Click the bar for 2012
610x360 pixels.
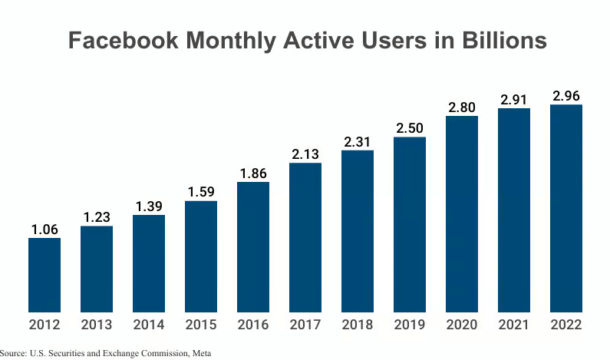pyautogui.click(x=45, y=275)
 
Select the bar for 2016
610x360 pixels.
pyautogui.click(x=253, y=246)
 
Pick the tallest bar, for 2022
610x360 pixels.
pyautogui.click(x=566, y=208)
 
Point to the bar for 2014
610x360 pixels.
pyautogui.click(x=149, y=263)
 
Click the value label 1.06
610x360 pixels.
pyautogui.click(x=45, y=229)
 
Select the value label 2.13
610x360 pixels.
pyautogui.click(x=305, y=154)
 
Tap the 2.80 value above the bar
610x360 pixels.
pyautogui.click(x=462, y=107)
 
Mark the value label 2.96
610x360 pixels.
pyautogui.click(x=566, y=96)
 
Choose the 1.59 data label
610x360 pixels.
pyautogui.click(x=201, y=192)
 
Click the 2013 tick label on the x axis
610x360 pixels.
pyautogui.click(x=97, y=325)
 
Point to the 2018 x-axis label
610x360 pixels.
pyautogui.click(x=358, y=325)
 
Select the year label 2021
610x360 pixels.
pyautogui.click(x=514, y=325)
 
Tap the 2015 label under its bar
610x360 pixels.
pyautogui.click(x=201, y=325)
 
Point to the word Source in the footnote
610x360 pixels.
pyautogui.click(x=14, y=353)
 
